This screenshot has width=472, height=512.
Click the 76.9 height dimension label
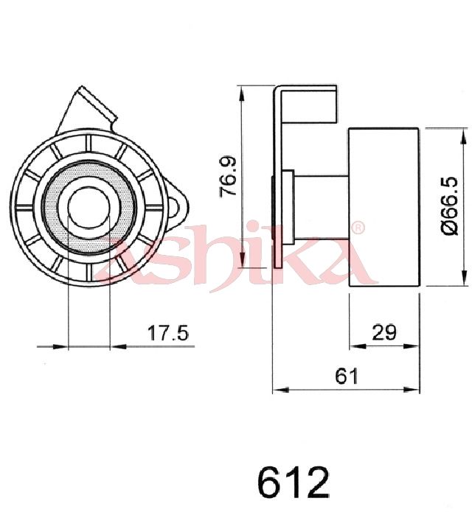point(228,177)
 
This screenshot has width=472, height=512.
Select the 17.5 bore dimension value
point(168,333)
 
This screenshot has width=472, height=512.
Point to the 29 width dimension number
point(384,332)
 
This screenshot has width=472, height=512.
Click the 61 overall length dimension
point(347,376)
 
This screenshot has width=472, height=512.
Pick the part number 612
point(294,482)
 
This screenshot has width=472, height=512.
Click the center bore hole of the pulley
point(88,208)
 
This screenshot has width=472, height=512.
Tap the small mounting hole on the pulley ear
point(174,207)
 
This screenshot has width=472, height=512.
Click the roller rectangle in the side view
point(383,207)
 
